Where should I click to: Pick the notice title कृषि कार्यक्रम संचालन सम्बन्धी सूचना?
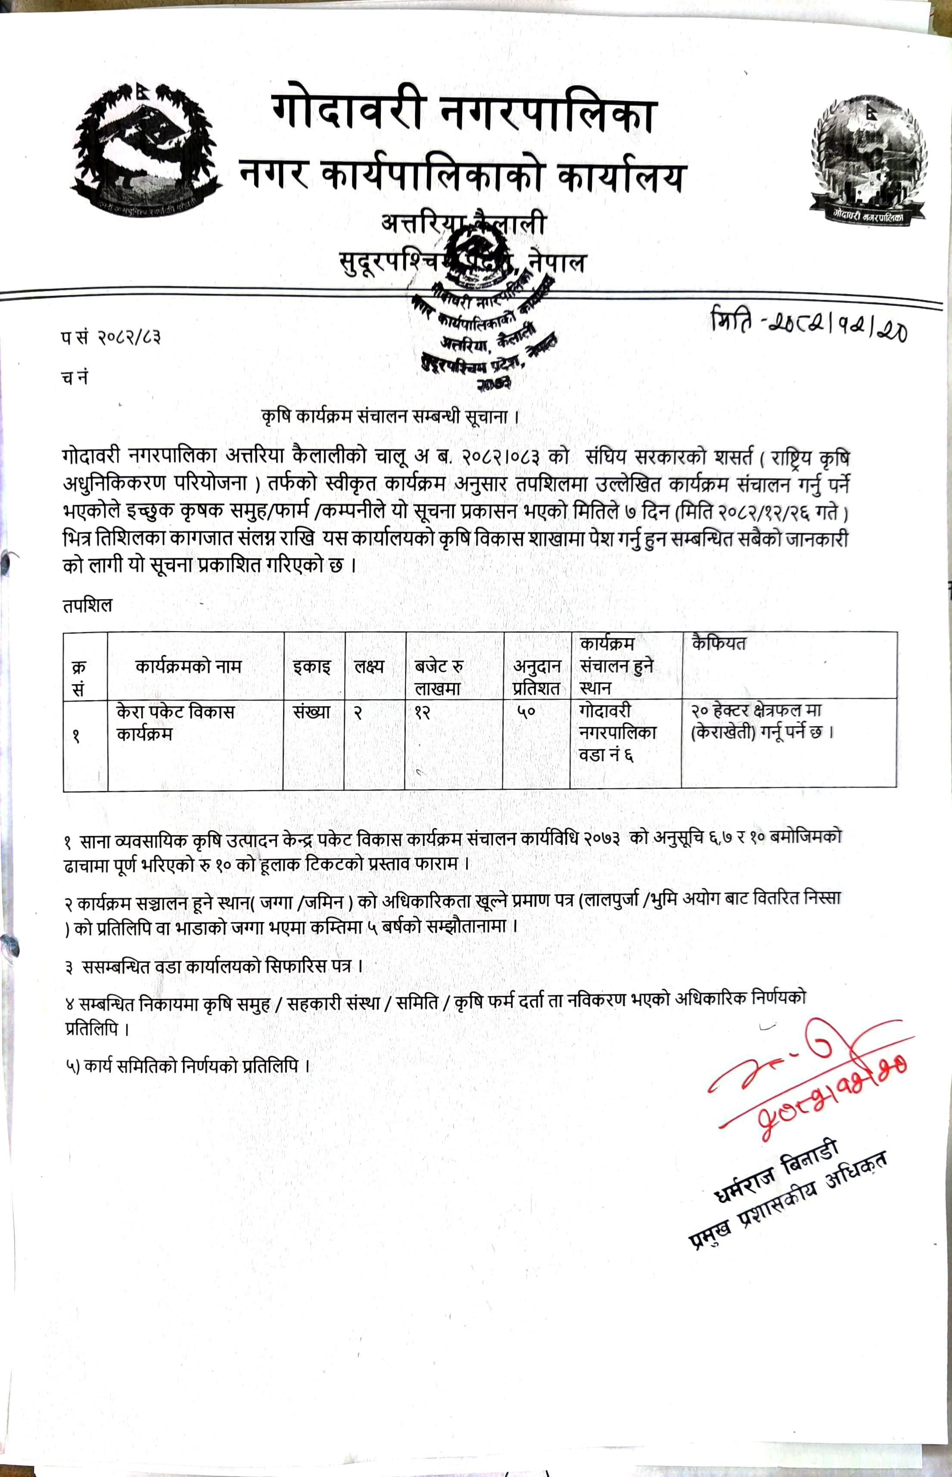tap(389, 417)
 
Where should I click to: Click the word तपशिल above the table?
tap(87, 605)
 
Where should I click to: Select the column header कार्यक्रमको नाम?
tap(189, 667)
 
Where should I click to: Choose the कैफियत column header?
tap(719, 644)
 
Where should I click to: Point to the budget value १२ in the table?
tap(422, 712)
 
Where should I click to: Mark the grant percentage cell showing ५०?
tap(526, 712)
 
